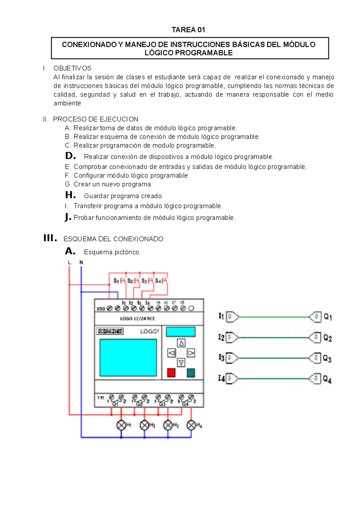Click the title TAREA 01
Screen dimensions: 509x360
(x=188, y=30)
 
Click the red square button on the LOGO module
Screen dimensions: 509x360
(x=171, y=373)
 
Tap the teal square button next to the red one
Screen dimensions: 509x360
(x=191, y=373)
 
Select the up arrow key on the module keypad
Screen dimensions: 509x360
(x=181, y=343)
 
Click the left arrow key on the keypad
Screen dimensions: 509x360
(x=172, y=353)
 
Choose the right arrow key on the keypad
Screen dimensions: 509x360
(x=191, y=353)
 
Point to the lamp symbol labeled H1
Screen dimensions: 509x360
(x=121, y=425)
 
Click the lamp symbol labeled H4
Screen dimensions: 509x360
(x=191, y=425)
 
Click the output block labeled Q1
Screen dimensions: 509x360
(x=315, y=317)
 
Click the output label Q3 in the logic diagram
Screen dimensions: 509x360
(x=327, y=359)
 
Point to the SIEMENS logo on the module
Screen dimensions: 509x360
(x=110, y=331)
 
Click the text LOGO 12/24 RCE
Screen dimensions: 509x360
(x=137, y=319)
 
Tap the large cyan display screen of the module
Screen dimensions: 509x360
(x=128, y=358)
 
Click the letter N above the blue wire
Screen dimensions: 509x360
(x=81, y=263)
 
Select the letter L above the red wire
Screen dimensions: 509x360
(x=69, y=263)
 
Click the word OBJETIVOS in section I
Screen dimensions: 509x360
(x=72, y=68)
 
